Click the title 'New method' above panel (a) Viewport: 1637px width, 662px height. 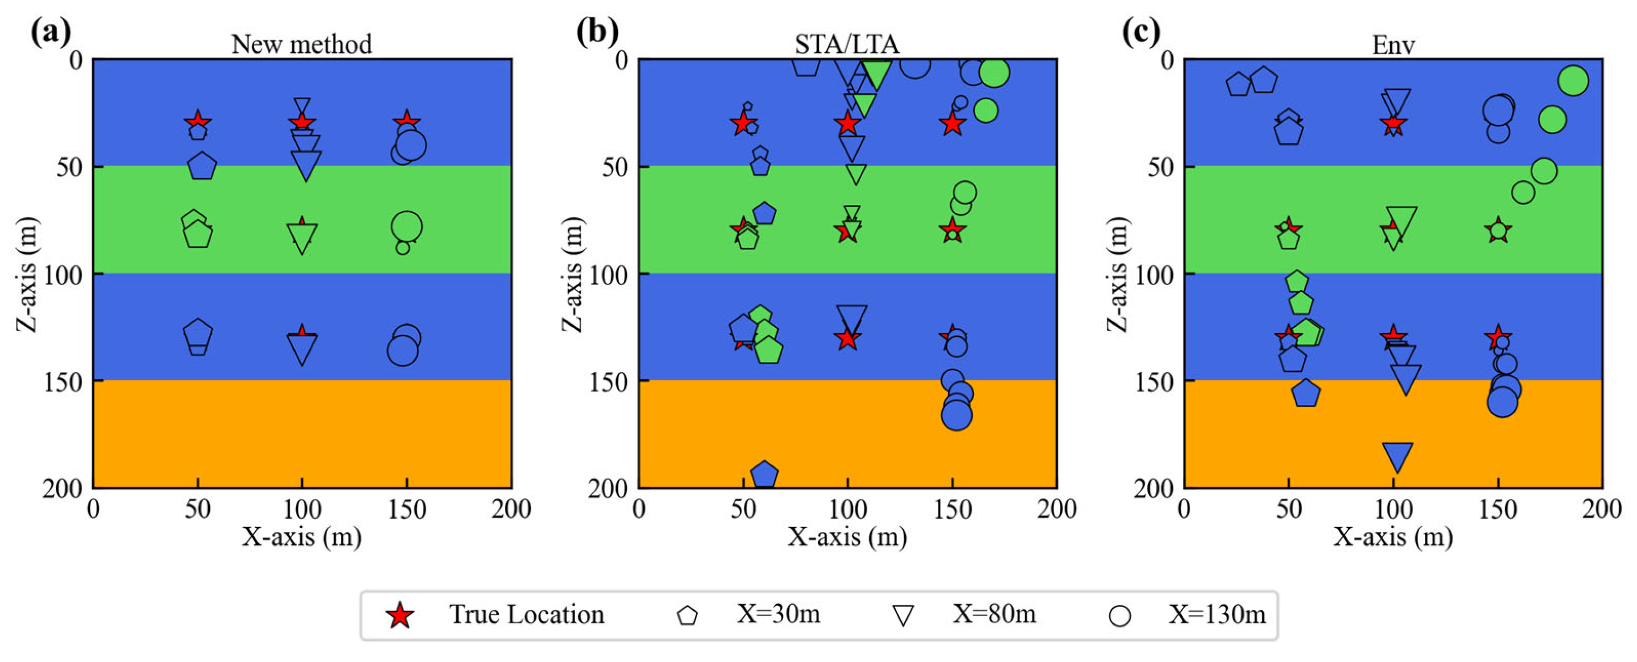click(301, 45)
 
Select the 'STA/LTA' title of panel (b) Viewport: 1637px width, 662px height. click(847, 45)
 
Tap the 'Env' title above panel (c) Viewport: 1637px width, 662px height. click(1393, 45)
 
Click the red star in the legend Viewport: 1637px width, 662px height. click(401, 616)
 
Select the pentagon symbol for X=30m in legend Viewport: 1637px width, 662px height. click(688, 616)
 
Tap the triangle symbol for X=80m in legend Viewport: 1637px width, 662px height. click(903, 616)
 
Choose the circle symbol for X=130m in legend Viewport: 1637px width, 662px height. click(1119, 616)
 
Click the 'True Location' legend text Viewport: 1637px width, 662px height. click(527, 615)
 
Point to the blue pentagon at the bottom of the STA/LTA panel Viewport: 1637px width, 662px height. click(764, 475)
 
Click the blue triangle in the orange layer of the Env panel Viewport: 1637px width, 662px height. click(1397, 455)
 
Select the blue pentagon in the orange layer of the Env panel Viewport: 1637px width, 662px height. click(1305, 393)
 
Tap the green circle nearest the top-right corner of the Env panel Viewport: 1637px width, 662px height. click(1573, 81)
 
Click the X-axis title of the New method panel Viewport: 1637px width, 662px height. click(301, 537)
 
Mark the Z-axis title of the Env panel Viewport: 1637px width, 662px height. click(1118, 274)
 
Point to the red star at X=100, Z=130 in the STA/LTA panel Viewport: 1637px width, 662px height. click(847, 338)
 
